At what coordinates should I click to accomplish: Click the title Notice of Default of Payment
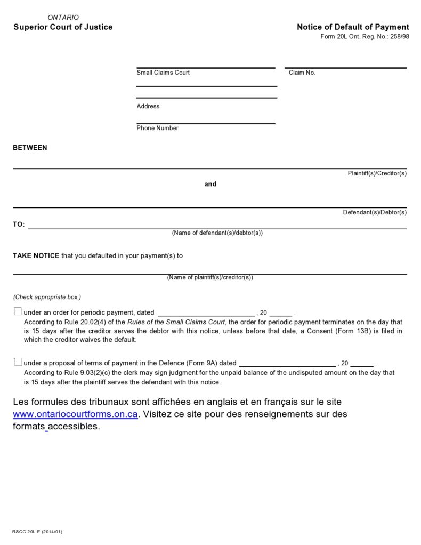[353, 27]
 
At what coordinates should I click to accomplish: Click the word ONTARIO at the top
[63, 18]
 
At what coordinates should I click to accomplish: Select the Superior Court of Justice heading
[63, 27]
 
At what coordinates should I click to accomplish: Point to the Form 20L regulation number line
[365, 37]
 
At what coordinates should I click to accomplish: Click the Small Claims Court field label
[163, 73]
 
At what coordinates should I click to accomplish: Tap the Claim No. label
[302, 73]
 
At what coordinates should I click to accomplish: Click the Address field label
[148, 106]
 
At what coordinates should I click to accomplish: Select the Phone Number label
[157, 128]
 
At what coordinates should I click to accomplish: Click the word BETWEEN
[30, 148]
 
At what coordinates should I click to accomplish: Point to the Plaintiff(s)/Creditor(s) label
[377, 173]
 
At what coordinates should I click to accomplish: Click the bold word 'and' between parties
[210, 184]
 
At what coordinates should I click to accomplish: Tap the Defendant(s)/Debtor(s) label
[374, 212]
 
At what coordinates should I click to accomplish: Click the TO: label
[19, 225]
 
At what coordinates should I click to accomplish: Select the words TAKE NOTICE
[36, 255]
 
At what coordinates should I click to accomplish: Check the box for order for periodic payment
[18, 312]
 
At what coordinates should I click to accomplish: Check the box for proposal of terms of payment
[18, 363]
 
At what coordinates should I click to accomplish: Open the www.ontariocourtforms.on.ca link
[76, 414]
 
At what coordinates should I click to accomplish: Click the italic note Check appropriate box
[47, 297]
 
